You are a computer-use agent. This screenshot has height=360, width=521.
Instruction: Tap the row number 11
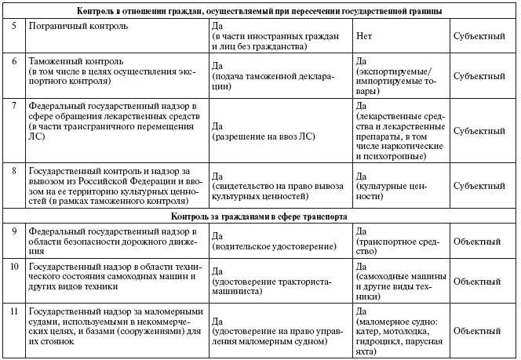[14, 311]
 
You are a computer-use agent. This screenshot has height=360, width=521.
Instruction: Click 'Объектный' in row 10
[479, 280]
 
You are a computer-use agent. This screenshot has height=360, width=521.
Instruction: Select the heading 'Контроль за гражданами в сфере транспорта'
[260, 215]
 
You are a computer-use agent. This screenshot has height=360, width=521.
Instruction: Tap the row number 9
[13, 231]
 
